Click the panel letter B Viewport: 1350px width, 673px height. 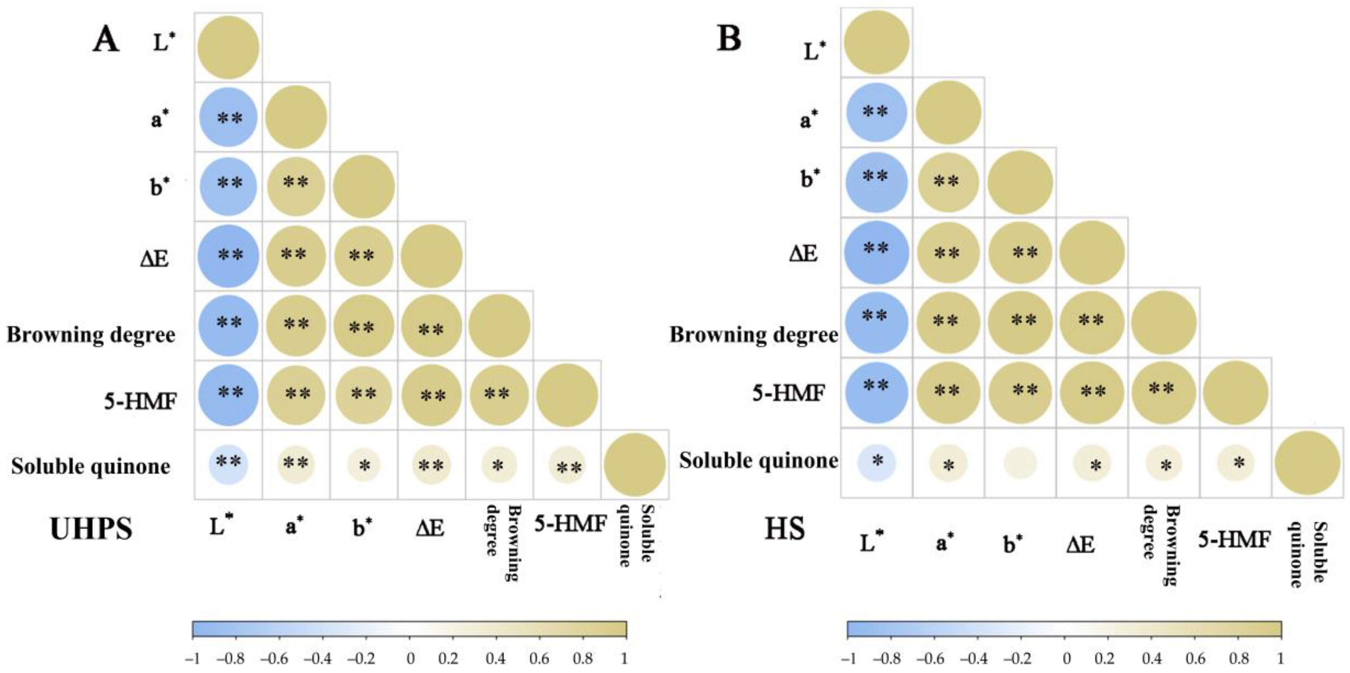pos(729,38)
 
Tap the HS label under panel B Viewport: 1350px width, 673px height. pos(784,529)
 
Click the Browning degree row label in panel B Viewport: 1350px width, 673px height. pos(754,334)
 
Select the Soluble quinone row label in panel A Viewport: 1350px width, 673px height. pos(90,466)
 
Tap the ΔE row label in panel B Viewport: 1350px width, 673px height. pos(803,254)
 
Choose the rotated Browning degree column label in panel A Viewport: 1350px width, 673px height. pos(502,543)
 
